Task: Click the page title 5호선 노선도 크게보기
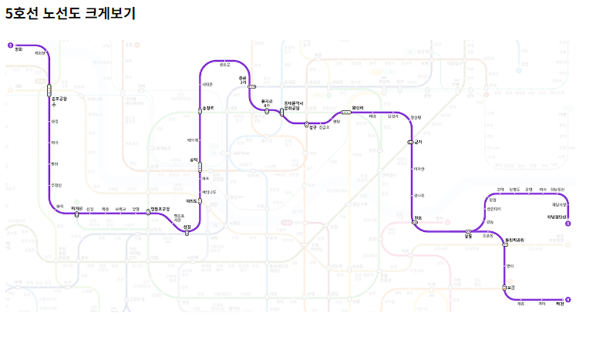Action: tap(70, 13)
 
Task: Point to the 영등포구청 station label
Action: tap(160, 209)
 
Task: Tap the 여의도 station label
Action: tap(192, 201)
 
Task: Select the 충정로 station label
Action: tap(208, 108)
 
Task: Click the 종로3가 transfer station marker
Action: tap(251, 87)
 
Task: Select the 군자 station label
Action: tap(419, 142)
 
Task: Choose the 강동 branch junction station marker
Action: tap(468, 231)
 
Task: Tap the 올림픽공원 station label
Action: tap(514, 240)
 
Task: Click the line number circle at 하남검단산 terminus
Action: tap(568, 224)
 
